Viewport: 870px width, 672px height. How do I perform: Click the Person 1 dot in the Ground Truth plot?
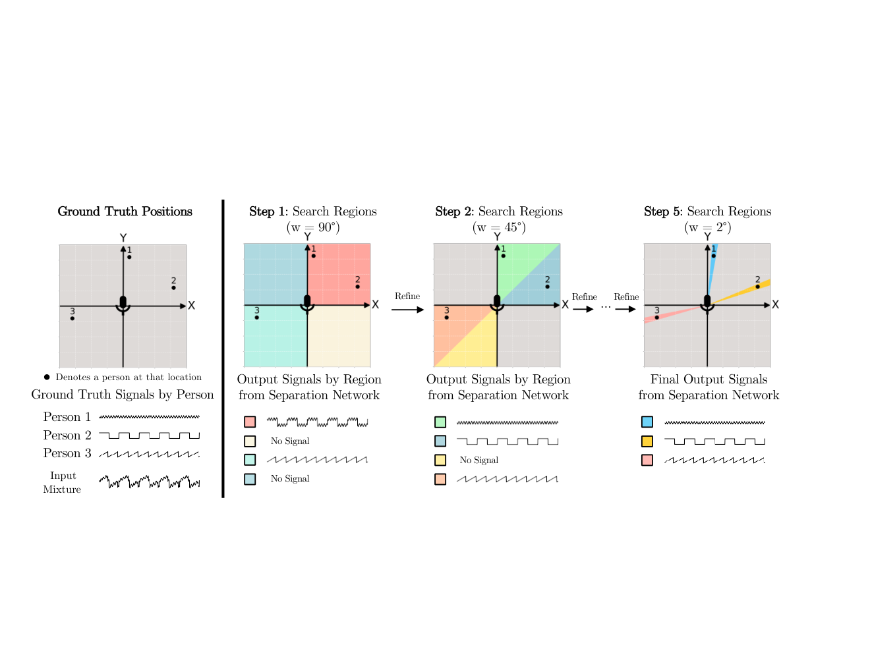click(x=129, y=257)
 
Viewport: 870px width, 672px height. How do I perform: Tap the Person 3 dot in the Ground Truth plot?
click(x=72, y=319)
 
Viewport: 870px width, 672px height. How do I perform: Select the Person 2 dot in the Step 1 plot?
click(x=357, y=287)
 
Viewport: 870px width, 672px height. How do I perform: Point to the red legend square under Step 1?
click(x=250, y=422)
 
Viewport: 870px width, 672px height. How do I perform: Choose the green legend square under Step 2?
click(x=440, y=422)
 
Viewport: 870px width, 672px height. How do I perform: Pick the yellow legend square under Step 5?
click(x=647, y=441)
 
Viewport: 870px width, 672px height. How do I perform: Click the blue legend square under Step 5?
click(x=647, y=422)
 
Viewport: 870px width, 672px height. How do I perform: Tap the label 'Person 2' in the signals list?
click(x=67, y=435)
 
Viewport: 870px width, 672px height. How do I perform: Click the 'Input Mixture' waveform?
click(x=150, y=482)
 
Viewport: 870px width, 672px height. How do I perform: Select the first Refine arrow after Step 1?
click(x=407, y=310)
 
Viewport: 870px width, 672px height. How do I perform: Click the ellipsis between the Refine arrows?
click(x=606, y=308)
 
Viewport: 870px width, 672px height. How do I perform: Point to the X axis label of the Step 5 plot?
click(x=776, y=304)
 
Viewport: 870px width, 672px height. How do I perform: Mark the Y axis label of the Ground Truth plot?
click(x=123, y=238)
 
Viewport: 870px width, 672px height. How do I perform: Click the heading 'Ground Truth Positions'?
click(x=125, y=211)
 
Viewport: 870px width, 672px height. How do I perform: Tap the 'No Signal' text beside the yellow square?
click(x=479, y=460)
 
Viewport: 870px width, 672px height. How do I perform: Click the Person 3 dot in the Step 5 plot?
click(x=657, y=318)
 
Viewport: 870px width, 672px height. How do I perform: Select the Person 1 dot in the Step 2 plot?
click(x=504, y=256)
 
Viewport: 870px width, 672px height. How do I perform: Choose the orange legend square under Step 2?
click(x=440, y=479)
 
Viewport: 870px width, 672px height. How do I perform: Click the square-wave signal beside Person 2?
click(x=150, y=435)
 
